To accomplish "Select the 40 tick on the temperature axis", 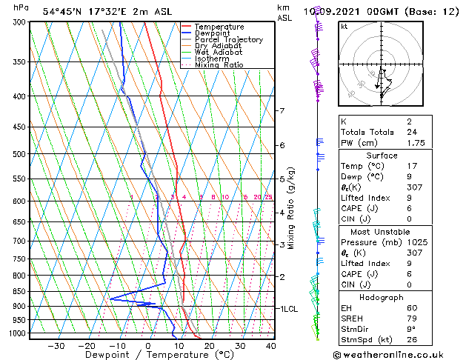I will [270, 346].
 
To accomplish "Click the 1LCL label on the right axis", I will [287, 308].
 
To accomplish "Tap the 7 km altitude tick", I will [282, 111].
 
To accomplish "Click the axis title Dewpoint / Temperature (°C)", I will [149, 356].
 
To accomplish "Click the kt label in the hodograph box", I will [344, 27].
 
